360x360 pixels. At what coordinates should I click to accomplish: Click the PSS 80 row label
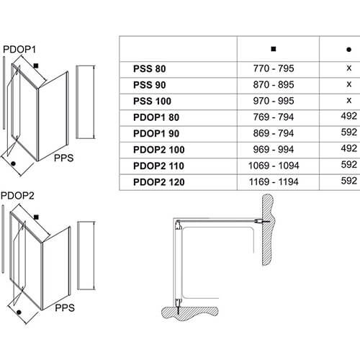[150, 69]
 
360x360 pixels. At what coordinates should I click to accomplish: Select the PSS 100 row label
[152, 101]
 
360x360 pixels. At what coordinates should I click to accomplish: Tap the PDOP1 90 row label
[156, 133]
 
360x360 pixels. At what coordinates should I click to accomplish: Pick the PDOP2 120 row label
[159, 182]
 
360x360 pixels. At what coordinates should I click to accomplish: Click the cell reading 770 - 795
[274, 68]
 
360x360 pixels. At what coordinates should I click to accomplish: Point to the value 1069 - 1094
[274, 166]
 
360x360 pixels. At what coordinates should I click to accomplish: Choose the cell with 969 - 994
[274, 149]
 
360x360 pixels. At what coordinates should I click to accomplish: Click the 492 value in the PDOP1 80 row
[349, 116]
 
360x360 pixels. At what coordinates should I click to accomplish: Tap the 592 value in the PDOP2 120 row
[349, 181]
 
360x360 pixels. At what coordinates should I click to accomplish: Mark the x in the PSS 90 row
[349, 84]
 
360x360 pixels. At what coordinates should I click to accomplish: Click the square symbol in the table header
[274, 49]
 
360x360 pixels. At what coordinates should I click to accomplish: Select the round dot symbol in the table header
[349, 50]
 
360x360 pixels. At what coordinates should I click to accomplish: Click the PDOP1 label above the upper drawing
[19, 50]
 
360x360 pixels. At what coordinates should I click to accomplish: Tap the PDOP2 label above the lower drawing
[17, 196]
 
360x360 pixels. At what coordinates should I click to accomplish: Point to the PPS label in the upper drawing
[63, 158]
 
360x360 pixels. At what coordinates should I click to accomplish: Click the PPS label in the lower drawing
[65, 307]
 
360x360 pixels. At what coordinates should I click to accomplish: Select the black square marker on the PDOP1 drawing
[36, 66]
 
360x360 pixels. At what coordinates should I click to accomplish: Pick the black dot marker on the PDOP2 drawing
[19, 312]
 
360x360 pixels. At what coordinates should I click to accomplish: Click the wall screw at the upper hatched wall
[262, 221]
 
